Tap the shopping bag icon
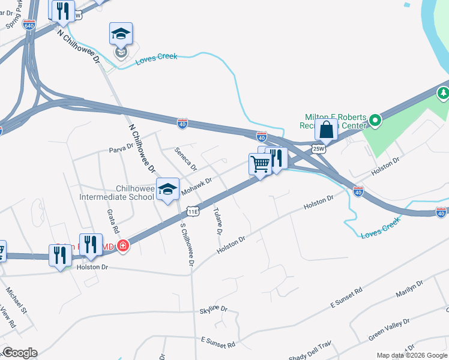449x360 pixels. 327,130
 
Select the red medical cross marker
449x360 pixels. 123,245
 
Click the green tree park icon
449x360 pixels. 444,93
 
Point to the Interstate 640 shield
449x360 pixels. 28,25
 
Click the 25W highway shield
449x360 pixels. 318,148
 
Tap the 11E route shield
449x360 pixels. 193,211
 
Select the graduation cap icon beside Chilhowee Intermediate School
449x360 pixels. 167,189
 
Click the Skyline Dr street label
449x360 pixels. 214,310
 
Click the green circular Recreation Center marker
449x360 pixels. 375,121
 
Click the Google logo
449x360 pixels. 19,353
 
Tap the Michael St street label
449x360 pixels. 17,299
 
